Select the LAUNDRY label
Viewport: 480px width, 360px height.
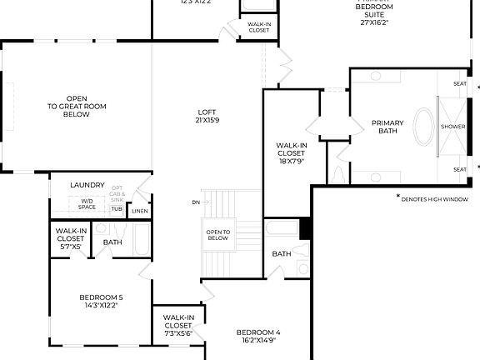point(87,185)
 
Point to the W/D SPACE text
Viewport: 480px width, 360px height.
point(87,203)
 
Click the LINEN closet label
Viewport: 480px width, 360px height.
point(140,212)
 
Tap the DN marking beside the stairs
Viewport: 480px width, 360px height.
point(195,202)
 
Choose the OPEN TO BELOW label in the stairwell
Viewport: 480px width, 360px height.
point(217,234)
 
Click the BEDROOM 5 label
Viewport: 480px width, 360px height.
point(101,301)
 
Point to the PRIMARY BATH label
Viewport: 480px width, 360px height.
point(387,127)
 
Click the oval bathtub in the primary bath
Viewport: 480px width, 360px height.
point(424,127)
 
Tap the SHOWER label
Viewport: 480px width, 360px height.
point(452,127)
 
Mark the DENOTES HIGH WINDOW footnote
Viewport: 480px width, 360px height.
point(434,199)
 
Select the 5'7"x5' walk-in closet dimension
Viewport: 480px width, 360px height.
point(70,247)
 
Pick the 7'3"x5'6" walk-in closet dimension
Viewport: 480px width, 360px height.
point(178,332)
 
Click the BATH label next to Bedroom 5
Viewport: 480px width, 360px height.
point(112,242)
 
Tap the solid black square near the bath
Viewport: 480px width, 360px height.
point(305,227)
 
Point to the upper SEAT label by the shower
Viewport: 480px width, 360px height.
point(459,83)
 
